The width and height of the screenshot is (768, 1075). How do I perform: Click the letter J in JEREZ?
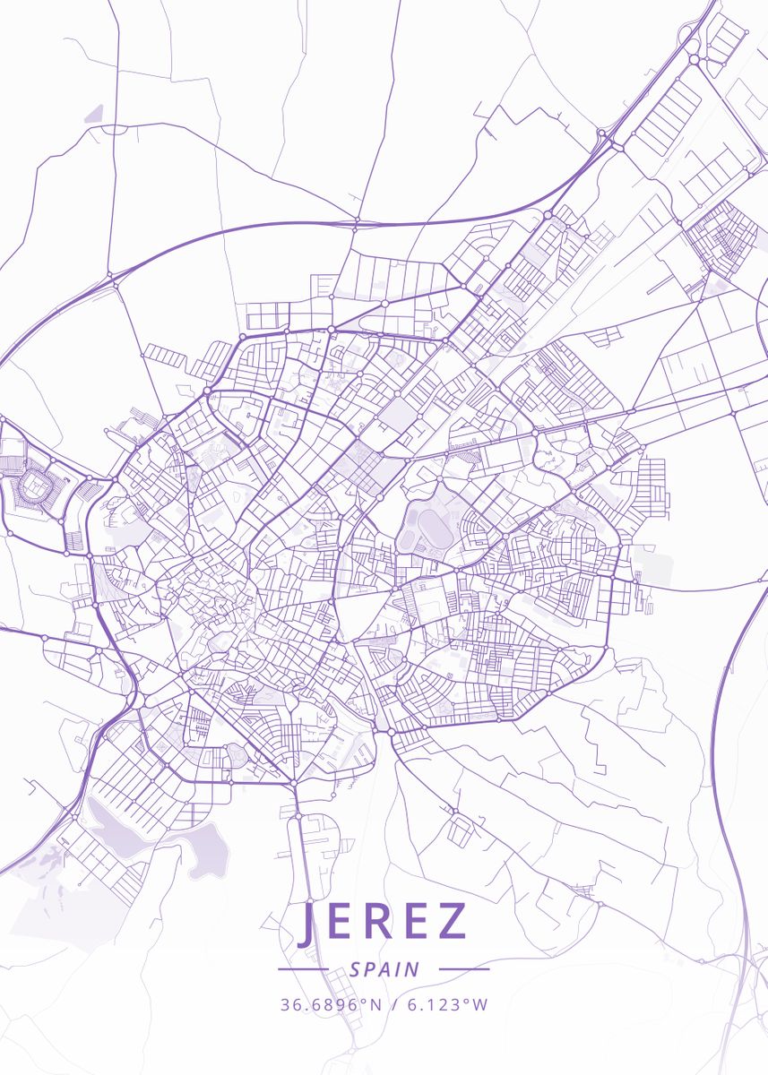coord(306,923)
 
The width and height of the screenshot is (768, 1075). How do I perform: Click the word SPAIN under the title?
coord(384,969)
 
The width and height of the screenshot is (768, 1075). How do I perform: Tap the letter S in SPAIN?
coord(356,969)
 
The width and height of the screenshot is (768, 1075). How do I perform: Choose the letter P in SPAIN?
coord(370,969)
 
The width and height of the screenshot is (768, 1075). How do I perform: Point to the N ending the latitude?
coord(377,1004)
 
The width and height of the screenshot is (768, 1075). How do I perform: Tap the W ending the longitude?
coord(480,1004)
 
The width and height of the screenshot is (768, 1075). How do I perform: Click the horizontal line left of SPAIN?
coord(303,969)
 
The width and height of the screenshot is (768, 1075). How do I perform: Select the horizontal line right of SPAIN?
coord(464,969)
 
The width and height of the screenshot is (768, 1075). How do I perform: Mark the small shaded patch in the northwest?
coord(94,114)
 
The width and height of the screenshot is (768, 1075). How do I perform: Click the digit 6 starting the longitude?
coord(412,1004)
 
